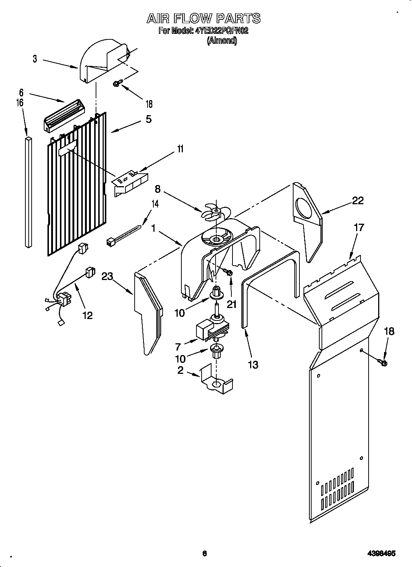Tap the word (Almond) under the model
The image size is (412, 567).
pyautogui.click(x=222, y=40)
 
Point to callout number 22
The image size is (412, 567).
pyautogui.click(x=357, y=201)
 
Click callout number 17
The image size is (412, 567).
pyautogui.click(x=359, y=228)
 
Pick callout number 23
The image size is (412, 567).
pyautogui.click(x=107, y=276)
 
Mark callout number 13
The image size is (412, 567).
pyautogui.click(x=253, y=365)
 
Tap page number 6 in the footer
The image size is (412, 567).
pyautogui.click(x=205, y=553)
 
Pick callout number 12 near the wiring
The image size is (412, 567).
pyautogui.click(x=87, y=315)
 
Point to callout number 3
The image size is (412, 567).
pyautogui.click(x=35, y=59)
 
